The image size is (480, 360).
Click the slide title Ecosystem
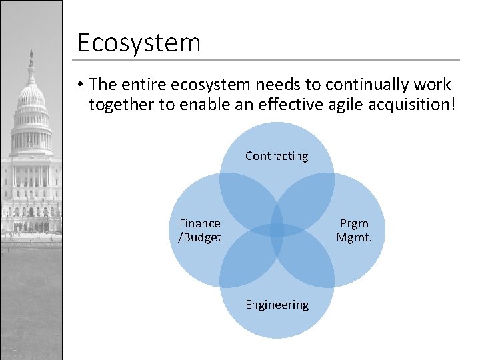[139, 43]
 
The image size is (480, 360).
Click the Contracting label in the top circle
[277, 156]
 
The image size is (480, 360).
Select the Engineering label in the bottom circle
[277, 305]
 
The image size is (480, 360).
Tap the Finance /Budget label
[200, 231]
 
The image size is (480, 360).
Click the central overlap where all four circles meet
[277, 231]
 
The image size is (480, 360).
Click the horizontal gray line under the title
[267, 60]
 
